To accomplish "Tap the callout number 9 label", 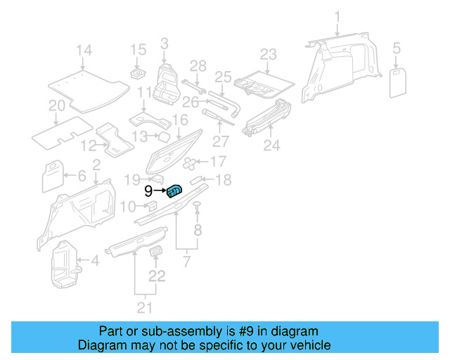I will (x=148, y=191).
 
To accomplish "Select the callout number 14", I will (x=84, y=50).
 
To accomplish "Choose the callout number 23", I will (x=268, y=54).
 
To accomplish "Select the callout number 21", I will (x=144, y=307).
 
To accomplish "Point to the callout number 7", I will (x=187, y=262).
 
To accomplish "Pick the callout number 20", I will (x=56, y=106).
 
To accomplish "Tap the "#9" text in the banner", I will (x=226, y=331).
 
